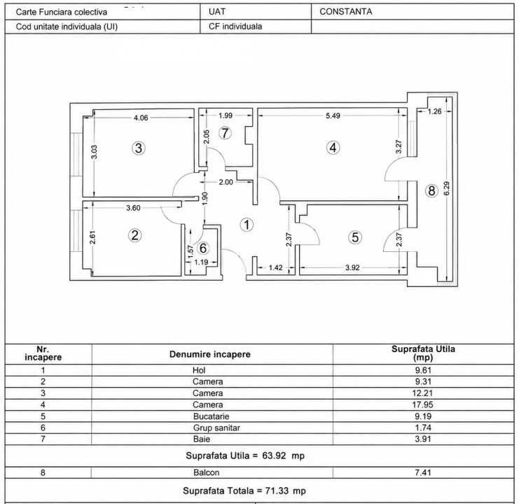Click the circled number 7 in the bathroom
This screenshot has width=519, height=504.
[x=225, y=133]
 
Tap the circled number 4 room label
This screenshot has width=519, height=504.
[x=333, y=148]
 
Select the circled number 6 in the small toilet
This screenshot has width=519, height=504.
[x=203, y=248]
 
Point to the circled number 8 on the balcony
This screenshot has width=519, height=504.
[x=431, y=191]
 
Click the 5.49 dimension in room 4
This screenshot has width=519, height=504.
[x=333, y=115]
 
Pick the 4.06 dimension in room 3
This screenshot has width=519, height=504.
[x=141, y=118]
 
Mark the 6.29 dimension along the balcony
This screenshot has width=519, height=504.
[x=447, y=188]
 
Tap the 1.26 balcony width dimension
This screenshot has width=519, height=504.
[x=434, y=111]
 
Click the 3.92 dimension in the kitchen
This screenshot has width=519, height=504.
[x=352, y=267]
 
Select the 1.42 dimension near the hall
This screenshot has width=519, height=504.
[x=275, y=267]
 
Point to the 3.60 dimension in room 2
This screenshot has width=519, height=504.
[x=133, y=208]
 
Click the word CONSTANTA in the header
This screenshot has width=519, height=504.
[x=345, y=12]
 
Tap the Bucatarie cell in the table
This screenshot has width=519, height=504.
[x=212, y=416]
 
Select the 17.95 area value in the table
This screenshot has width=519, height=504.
[x=423, y=405]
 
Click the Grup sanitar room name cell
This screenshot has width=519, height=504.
[x=216, y=428]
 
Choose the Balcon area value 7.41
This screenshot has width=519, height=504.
[x=423, y=472]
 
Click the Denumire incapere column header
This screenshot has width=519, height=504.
[x=210, y=354]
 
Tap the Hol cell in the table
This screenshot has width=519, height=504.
[x=199, y=370]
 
